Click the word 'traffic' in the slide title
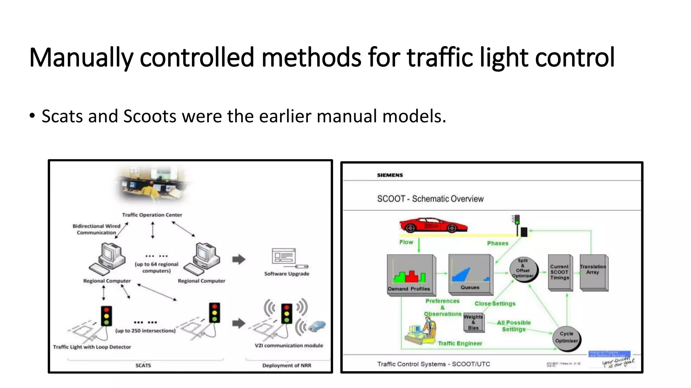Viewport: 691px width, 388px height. pyautogui.click(x=440, y=58)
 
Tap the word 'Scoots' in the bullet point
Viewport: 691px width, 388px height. pyautogui.click(x=149, y=116)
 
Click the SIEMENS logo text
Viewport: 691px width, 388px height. pyautogui.click(x=390, y=175)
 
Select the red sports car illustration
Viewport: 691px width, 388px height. pyautogui.click(x=433, y=225)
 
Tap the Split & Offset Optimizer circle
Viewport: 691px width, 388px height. pyautogui.click(x=523, y=268)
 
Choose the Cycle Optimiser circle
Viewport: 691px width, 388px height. pyautogui.click(x=566, y=337)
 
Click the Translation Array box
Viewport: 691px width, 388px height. pyautogui.click(x=593, y=272)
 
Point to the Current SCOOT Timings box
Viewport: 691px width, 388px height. pyautogui.click(x=560, y=272)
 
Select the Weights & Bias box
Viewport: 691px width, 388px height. pyautogui.click(x=473, y=322)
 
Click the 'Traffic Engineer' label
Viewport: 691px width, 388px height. pyautogui.click(x=460, y=344)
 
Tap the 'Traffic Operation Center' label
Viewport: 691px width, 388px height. pyautogui.click(x=152, y=215)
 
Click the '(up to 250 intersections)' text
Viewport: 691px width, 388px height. pyautogui.click(x=145, y=331)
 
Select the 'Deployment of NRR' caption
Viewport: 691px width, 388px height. pyautogui.click(x=287, y=365)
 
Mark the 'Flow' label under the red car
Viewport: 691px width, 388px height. pyautogui.click(x=406, y=242)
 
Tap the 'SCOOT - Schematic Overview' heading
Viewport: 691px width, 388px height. pyautogui.click(x=430, y=199)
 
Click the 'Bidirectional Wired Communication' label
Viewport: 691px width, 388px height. pyautogui.click(x=96, y=229)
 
